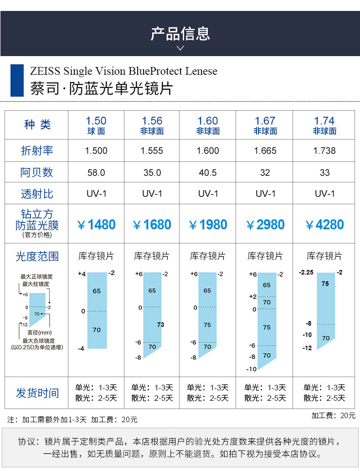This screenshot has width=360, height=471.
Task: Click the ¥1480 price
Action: pos(96,225)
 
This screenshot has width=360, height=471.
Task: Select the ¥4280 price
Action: pos(324,225)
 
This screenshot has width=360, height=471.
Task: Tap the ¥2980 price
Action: pos(265,225)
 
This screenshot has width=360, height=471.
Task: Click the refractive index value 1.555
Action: pos(152,150)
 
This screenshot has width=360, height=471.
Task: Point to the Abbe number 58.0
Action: pos(96,173)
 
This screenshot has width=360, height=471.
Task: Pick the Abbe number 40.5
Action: pos(208,173)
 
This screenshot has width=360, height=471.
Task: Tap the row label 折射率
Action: pos(37,150)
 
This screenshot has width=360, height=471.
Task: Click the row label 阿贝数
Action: pos(37,172)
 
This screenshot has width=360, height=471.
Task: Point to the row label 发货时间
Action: pos(37,393)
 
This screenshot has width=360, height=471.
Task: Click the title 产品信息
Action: pos(180,33)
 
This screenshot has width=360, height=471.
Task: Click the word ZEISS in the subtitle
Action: pos(45,71)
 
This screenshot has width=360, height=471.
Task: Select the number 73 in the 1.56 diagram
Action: pos(160,325)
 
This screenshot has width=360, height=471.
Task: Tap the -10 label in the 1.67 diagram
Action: pos(252,369)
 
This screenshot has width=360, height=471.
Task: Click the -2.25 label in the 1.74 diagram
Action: pos(306,272)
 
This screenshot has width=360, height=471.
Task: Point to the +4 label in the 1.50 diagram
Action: pos(82,274)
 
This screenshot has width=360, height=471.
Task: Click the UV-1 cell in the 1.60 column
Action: pos(208,194)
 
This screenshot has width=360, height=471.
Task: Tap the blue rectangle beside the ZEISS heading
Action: pos(17,80)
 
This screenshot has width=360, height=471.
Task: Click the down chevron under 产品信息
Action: pos(180,48)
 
